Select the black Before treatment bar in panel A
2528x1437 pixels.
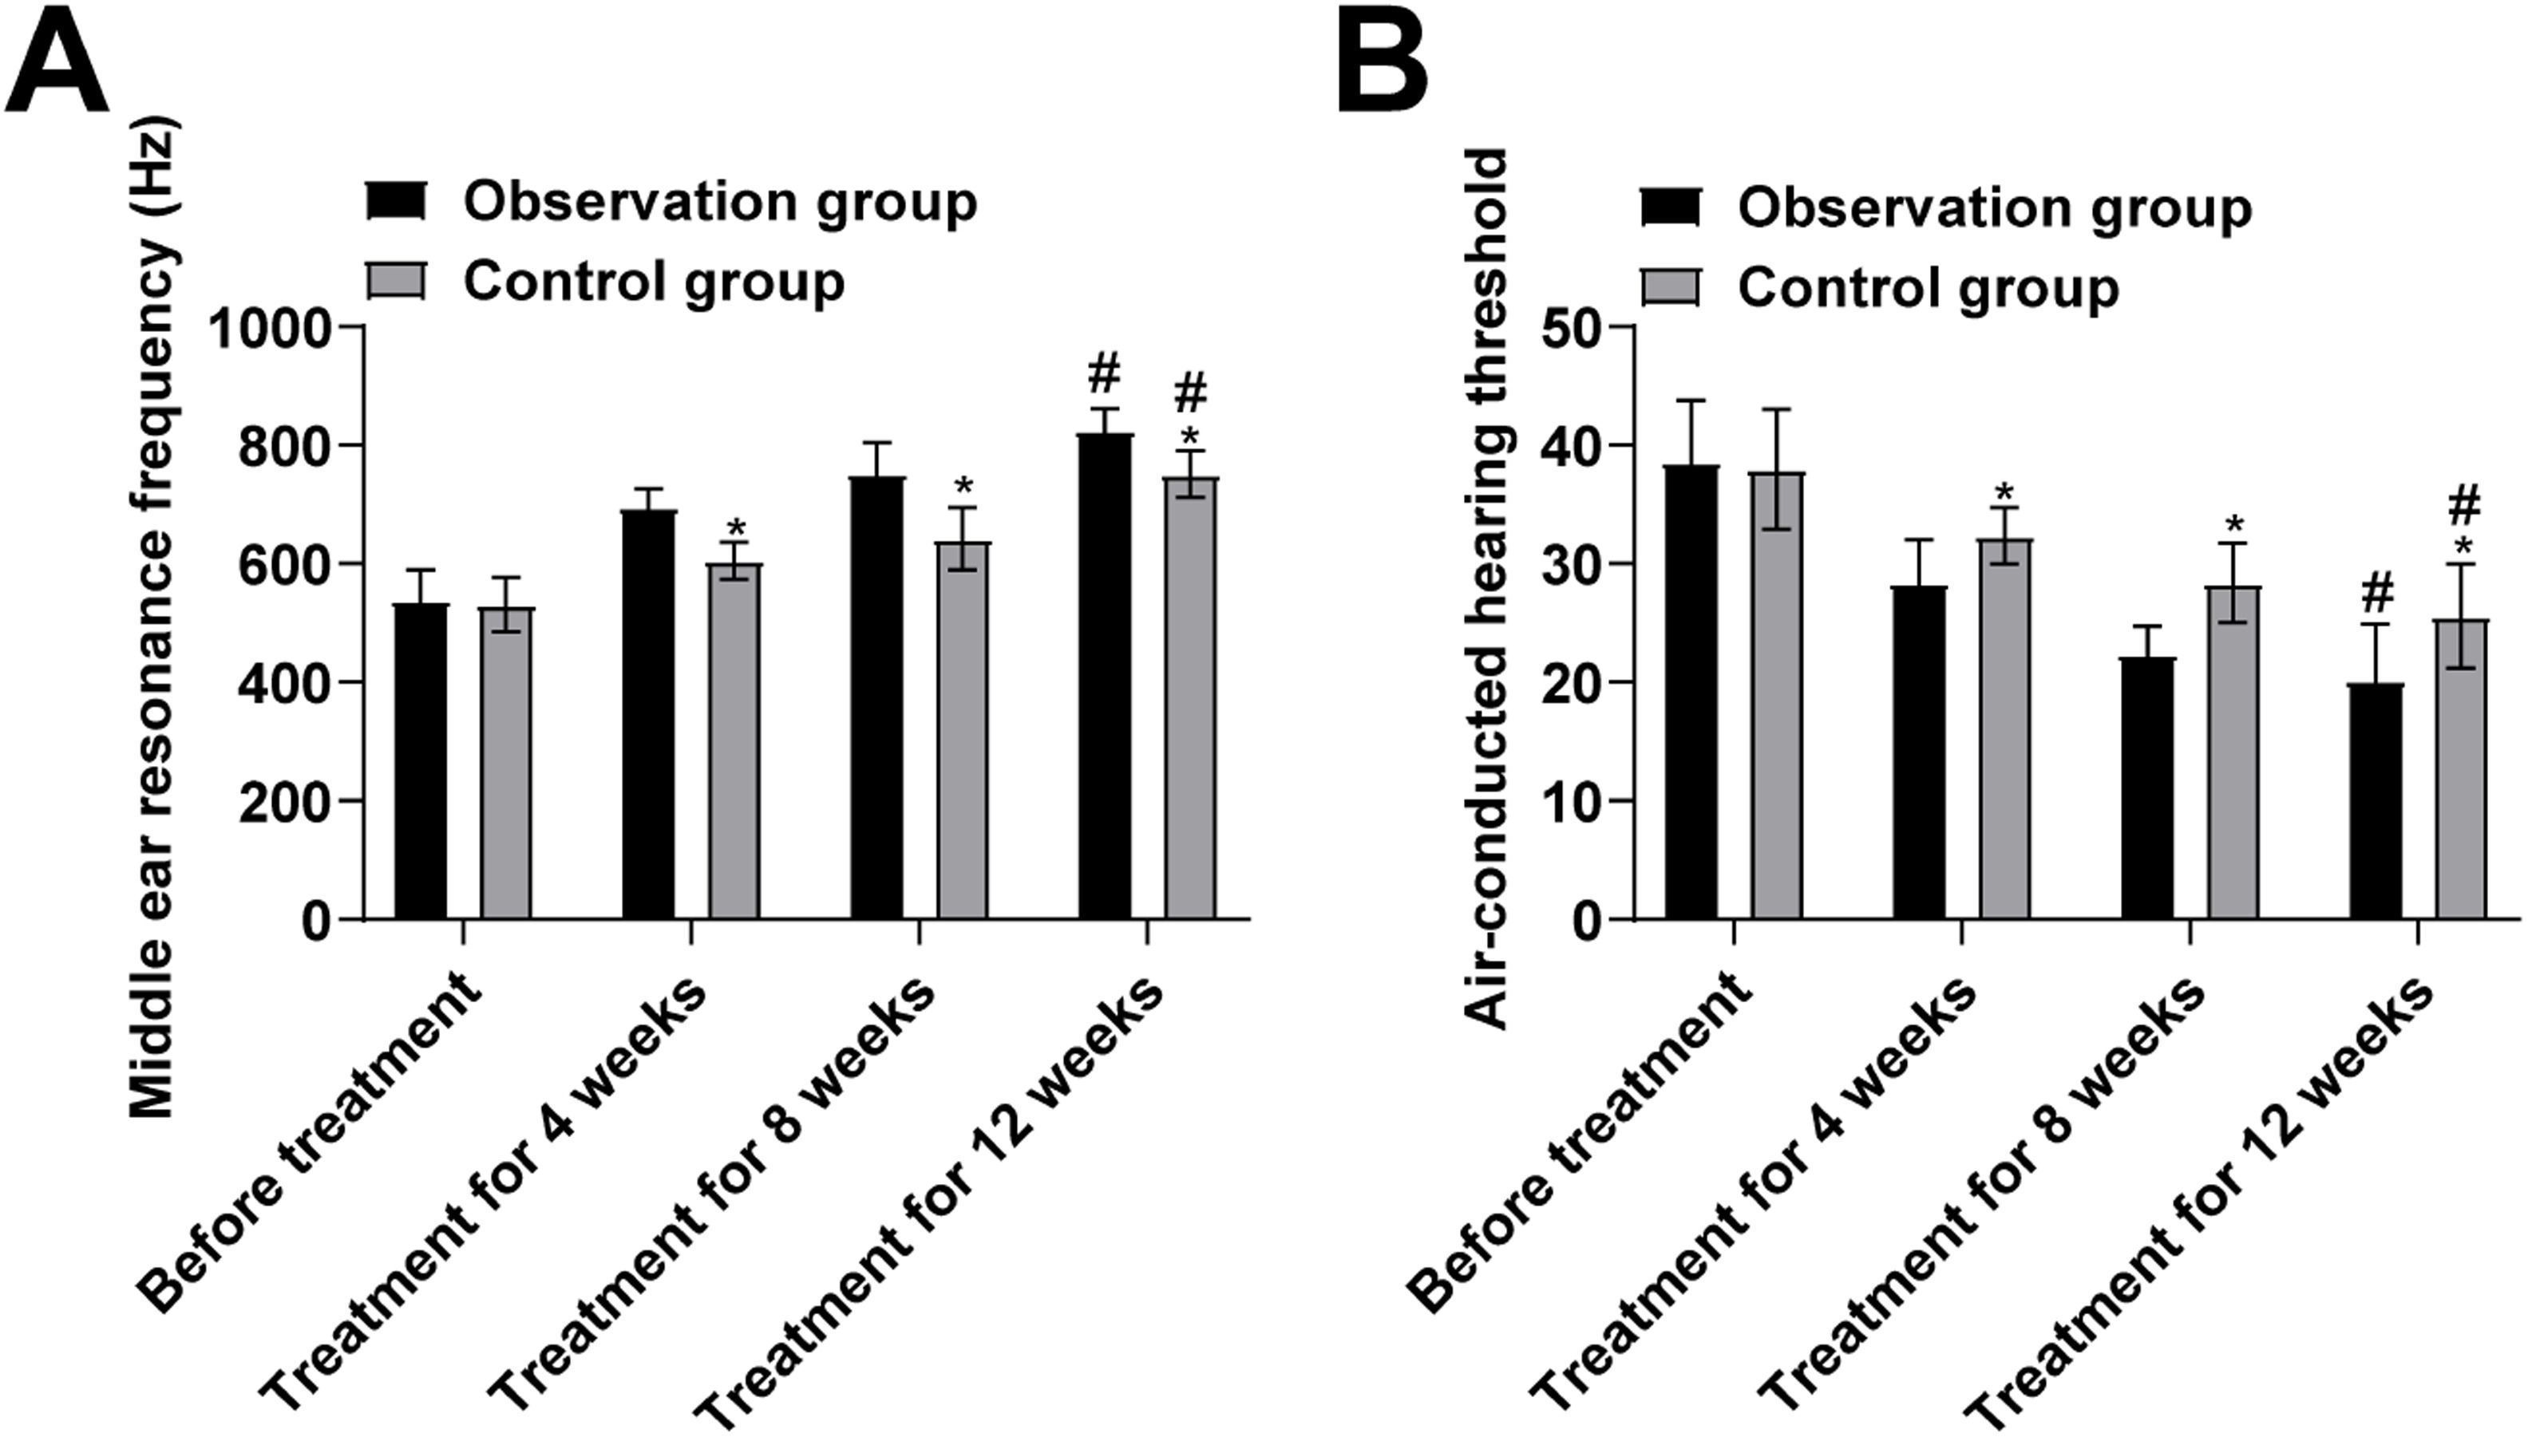421,761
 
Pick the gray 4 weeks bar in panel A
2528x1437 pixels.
734,741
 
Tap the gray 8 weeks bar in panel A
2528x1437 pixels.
963,730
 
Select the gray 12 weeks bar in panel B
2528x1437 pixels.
2461,770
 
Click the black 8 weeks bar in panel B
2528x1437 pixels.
2148,788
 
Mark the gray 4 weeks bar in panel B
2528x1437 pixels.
2006,729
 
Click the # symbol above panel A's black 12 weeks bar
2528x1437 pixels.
1105,376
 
